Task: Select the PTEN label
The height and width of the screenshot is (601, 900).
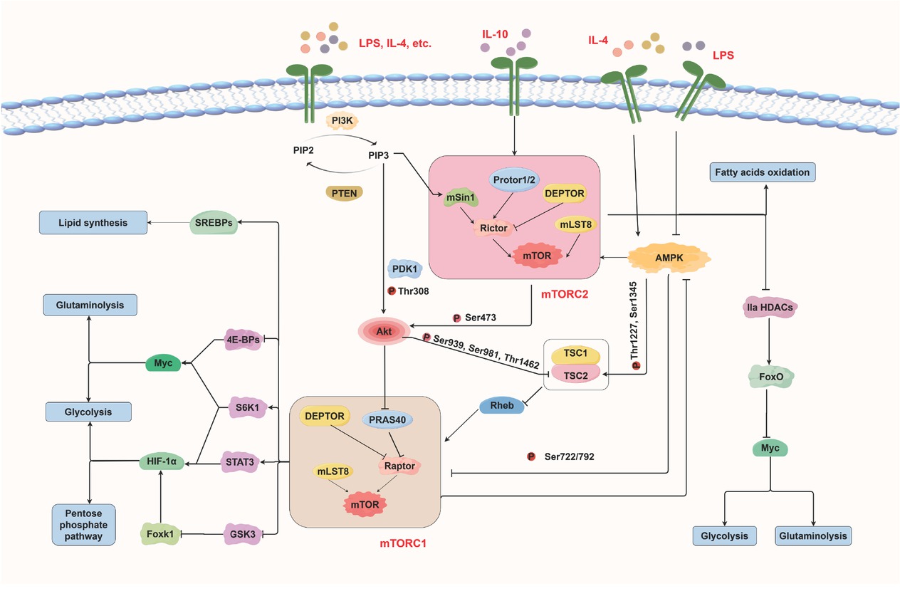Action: tap(344, 192)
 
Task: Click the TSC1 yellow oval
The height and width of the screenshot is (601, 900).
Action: tap(575, 354)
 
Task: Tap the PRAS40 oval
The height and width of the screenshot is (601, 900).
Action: tap(389, 420)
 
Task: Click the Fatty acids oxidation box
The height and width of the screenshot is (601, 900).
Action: tap(763, 172)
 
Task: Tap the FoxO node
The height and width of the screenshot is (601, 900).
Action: tap(770, 375)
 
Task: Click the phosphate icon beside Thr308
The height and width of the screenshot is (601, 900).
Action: tap(390, 291)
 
